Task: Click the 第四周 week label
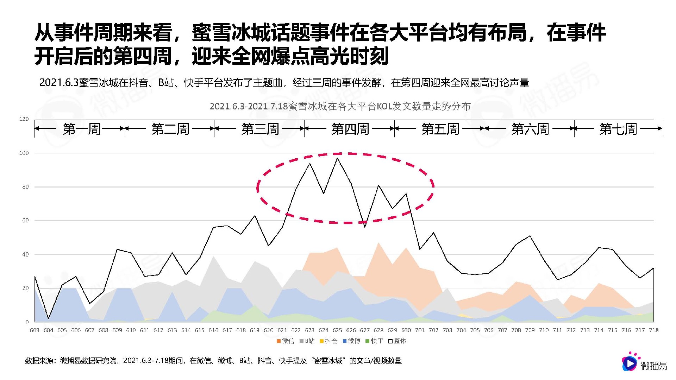350,129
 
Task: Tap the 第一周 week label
81,129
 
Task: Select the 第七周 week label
618,129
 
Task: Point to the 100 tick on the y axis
24,153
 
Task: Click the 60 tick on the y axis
25,221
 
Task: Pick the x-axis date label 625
337,330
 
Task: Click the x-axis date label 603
35,330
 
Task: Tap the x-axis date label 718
653,330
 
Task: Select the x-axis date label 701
420,330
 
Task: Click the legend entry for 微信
286,341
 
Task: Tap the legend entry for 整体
398,341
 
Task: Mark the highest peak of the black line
337,158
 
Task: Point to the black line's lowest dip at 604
48,318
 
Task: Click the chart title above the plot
340,106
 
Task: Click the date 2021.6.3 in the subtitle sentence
58,83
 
